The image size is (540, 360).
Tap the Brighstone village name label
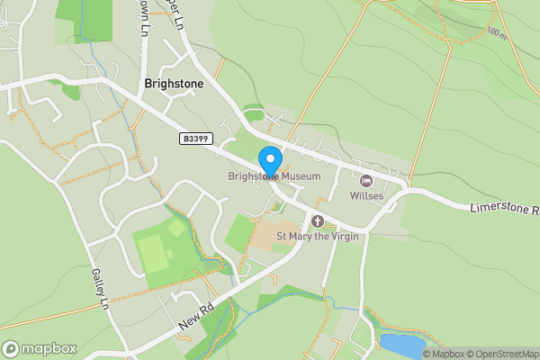tap(174, 84)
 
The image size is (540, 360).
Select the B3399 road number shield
tap(194, 139)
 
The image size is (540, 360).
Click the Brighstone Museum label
tap(274, 177)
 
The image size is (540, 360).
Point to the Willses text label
tap(367, 195)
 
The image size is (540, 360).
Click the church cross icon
tap(317, 221)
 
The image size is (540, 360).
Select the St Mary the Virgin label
tap(317, 236)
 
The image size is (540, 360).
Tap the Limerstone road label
tap(504, 210)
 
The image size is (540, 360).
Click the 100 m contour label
tap(495, 32)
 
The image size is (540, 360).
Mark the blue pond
tap(401, 344)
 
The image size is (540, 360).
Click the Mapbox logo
tap(40, 348)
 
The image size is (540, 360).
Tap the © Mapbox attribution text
tap(444, 354)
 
